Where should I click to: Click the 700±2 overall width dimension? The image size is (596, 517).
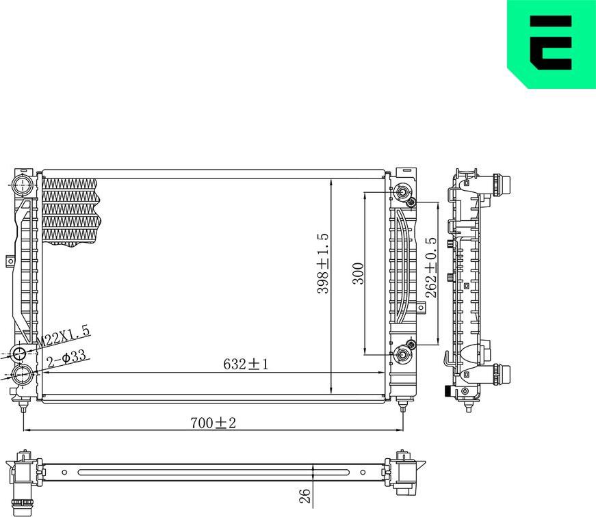click(x=213, y=423)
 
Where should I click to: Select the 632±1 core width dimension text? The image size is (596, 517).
click(x=246, y=364)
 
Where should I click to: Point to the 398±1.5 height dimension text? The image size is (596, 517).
click(x=323, y=263)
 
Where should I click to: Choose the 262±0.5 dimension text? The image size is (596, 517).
click(x=430, y=267)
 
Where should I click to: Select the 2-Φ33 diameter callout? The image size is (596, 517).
click(x=66, y=356)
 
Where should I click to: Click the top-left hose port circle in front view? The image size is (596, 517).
click(x=22, y=184)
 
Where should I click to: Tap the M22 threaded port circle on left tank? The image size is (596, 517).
click(x=19, y=354)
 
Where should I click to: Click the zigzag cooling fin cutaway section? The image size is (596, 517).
click(x=70, y=209)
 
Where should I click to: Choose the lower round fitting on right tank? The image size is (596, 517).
click(x=402, y=356)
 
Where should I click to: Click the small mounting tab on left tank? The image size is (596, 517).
click(x=10, y=261)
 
